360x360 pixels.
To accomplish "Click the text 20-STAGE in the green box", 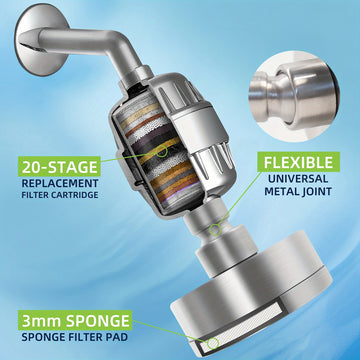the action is (x=60, y=166).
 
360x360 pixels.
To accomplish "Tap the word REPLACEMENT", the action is (x=60, y=183).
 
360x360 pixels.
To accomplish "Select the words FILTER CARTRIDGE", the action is (x=60, y=195).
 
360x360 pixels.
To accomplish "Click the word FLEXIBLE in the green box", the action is (x=298, y=162).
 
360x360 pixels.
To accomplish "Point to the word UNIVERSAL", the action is (x=298, y=179).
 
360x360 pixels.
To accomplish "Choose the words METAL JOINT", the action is (x=298, y=191).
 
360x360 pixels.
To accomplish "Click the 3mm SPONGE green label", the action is (x=75, y=320).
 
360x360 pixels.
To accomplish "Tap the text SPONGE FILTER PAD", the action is (x=75, y=337).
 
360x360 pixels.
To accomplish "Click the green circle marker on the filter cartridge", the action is (x=162, y=151).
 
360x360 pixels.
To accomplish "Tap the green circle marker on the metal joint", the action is (x=215, y=230).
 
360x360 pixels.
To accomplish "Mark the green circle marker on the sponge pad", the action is (x=213, y=342).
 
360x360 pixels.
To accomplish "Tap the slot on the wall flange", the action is (x=32, y=47).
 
